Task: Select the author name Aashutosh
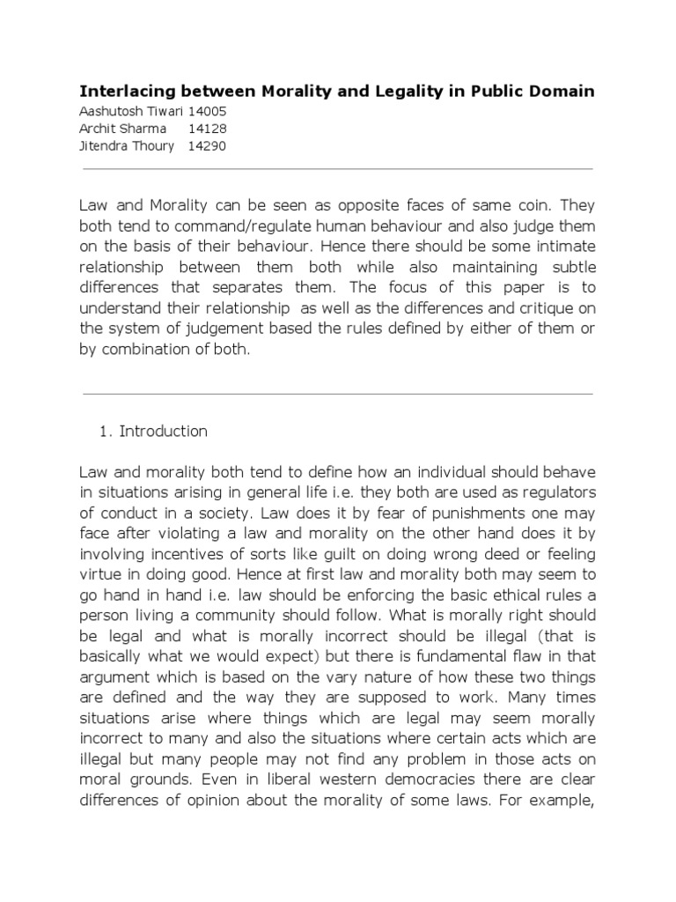coord(110,113)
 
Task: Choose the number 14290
coord(208,146)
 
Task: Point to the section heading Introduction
coord(164,432)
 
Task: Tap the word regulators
coord(558,490)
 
